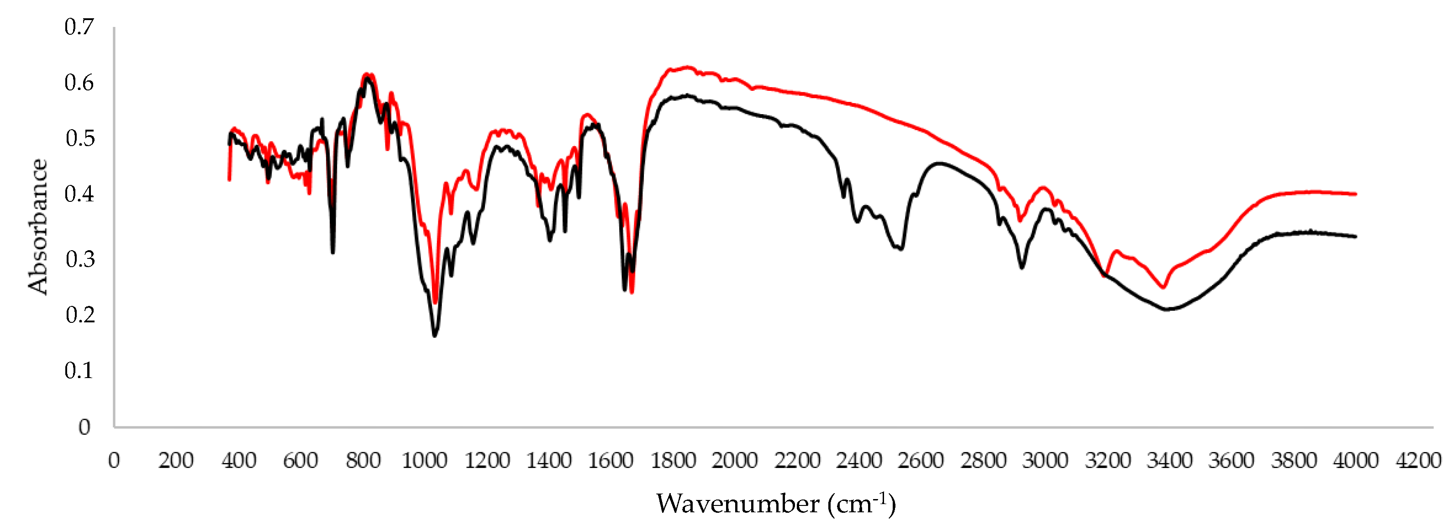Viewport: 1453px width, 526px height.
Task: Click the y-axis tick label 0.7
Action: tap(79, 27)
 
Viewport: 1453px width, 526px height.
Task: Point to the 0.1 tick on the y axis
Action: tap(79, 371)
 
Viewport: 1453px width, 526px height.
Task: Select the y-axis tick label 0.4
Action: tap(79, 194)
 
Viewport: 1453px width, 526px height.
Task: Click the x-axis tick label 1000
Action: tap(424, 461)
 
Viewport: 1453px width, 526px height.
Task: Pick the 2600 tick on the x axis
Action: tap(921, 461)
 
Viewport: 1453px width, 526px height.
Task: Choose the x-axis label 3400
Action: tap(1169, 461)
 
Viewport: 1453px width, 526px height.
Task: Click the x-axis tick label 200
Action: tap(175, 461)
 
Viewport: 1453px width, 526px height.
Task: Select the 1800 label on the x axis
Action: tap(673, 461)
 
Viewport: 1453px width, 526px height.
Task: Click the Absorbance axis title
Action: tap(38, 226)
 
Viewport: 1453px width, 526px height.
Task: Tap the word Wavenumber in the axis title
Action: tap(737, 504)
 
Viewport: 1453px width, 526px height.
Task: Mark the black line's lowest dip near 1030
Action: tap(434, 336)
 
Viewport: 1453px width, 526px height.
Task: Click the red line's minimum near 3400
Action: tap(1163, 287)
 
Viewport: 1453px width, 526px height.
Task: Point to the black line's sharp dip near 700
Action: tap(333, 252)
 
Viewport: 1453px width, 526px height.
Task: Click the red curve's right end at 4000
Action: tap(1355, 194)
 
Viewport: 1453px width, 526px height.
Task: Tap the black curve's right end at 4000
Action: tap(1355, 236)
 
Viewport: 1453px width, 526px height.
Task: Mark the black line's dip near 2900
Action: tap(1022, 267)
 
